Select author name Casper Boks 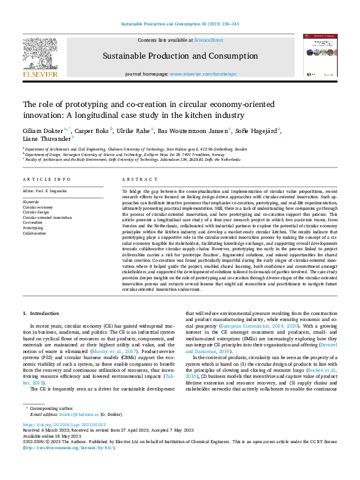91,131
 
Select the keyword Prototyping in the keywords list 34,228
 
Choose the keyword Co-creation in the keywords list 34,222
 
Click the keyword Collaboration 36,233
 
